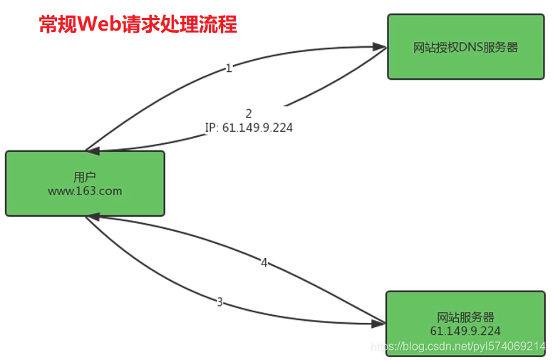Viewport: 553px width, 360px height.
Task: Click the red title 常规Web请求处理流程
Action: pos(138,25)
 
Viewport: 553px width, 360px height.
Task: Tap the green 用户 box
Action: pos(85,183)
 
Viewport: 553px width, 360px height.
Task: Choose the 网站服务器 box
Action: pos(465,318)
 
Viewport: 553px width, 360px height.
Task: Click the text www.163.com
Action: pos(85,191)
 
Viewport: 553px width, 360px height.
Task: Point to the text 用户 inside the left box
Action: pos(85,177)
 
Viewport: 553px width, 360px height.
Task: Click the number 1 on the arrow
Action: pos(228,68)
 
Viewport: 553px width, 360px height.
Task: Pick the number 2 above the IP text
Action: pos(249,113)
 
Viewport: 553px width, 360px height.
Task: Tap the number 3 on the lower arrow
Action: pos(219,302)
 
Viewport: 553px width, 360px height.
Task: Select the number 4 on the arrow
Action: pos(264,263)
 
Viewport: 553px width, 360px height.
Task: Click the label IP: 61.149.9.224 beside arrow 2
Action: pos(249,128)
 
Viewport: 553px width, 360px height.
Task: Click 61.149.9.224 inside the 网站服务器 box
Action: pos(465,331)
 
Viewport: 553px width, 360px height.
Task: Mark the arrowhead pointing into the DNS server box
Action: pos(381,47)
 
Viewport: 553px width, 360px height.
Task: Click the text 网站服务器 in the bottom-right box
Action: pos(465,318)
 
